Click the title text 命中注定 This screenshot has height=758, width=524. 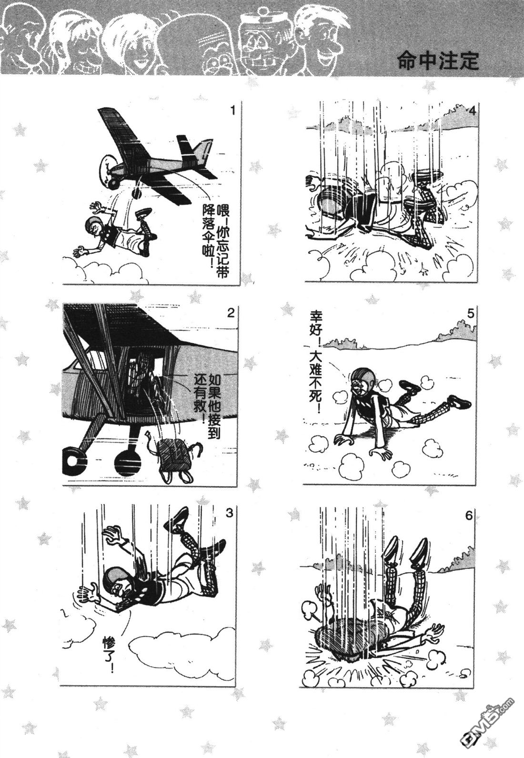(x=438, y=61)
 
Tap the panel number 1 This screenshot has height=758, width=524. (x=232, y=111)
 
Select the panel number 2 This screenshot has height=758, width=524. (x=231, y=313)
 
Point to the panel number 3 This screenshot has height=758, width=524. (x=229, y=513)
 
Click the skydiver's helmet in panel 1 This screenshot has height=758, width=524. (x=93, y=223)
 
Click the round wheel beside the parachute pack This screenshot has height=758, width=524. (x=128, y=463)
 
